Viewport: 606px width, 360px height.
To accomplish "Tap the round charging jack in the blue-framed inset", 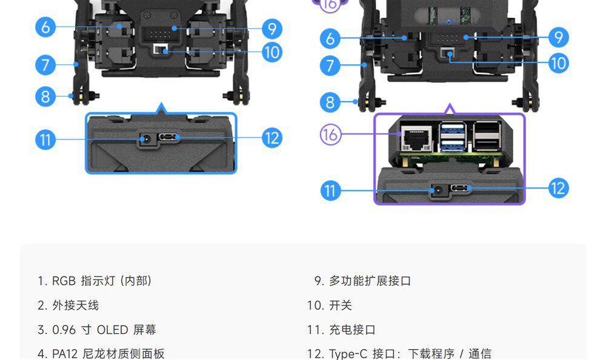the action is (x=145, y=139).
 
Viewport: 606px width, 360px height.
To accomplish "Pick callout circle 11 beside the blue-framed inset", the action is (x=45, y=140).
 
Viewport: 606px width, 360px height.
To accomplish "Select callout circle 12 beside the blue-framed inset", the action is (x=273, y=138).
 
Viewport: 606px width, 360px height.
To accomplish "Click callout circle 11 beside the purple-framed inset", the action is (x=330, y=191).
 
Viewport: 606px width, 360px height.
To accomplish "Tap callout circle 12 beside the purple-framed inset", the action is (x=559, y=188).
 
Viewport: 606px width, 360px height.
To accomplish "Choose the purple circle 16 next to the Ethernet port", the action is (x=330, y=135).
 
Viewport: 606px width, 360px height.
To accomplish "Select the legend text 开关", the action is (x=341, y=305).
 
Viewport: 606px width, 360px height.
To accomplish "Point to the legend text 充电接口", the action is (x=352, y=330).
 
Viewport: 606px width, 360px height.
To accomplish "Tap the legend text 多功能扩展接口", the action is (x=370, y=281).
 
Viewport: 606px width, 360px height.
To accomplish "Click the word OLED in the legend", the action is (x=113, y=330).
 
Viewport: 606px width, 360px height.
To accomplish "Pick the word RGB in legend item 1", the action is (x=63, y=281).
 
